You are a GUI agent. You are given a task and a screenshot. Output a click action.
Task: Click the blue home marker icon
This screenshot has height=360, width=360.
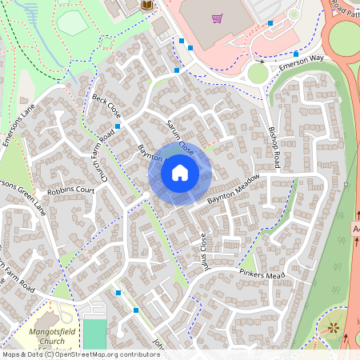pyautogui.click(x=180, y=173)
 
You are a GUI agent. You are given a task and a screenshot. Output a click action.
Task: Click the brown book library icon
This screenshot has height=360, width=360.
pyautogui.click(x=146, y=6)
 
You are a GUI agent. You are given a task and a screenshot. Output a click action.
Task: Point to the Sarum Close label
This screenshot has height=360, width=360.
pyautogui.click(x=180, y=137)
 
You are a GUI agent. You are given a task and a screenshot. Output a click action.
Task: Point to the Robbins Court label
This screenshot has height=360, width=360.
pyautogui.click(x=70, y=192)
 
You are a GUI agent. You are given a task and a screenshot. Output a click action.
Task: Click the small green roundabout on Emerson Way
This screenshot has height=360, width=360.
pyautogui.click(x=258, y=74)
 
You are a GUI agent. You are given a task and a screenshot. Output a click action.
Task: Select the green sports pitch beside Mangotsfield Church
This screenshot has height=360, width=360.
pyautogui.click(x=94, y=334)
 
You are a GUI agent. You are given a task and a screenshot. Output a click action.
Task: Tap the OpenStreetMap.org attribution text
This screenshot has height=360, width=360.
pyautogui.click(x=104, y=354)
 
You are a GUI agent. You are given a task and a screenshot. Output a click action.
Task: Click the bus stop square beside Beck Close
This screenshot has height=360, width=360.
pyautogui.click(x=118, y=126)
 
